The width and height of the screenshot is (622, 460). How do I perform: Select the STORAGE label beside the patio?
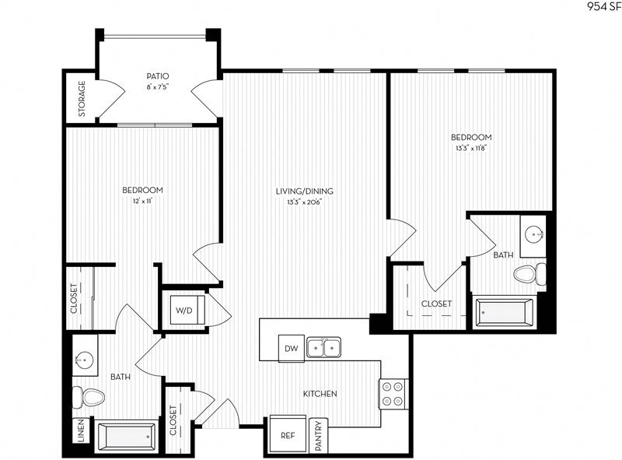82,99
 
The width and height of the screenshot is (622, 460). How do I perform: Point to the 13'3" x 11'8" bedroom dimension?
473,148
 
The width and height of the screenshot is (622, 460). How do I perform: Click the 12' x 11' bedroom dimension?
142,201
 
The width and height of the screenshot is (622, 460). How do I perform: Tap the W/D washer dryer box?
184,311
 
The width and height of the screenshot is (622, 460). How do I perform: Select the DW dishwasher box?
292,348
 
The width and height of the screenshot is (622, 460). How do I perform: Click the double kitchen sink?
325,347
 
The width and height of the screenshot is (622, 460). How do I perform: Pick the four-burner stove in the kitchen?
393,394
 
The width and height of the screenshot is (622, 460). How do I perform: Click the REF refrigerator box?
287,435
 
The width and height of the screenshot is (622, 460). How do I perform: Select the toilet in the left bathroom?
88,397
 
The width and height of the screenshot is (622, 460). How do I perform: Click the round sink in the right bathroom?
533,234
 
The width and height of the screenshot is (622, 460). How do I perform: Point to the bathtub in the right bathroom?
505,314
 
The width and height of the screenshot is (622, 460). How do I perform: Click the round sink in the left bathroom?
85,360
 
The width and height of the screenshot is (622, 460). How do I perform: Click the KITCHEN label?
320,394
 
